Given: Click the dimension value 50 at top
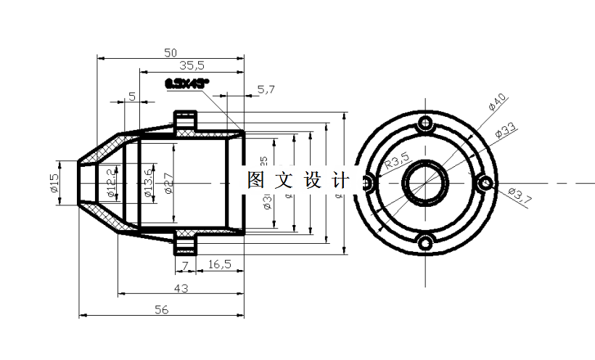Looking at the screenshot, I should [171, 52].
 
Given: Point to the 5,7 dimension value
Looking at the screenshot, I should [266, 89].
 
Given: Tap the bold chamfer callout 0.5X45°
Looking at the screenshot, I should [186, 83].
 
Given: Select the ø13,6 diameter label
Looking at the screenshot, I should [147, 182].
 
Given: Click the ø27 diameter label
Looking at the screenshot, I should [168, 182].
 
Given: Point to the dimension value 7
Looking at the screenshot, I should [185, 265].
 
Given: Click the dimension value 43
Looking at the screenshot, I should [181, 288].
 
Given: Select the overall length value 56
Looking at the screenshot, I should [161, 310].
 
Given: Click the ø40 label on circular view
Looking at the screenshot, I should [498, 102].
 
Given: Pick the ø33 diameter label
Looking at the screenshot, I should [505, 131].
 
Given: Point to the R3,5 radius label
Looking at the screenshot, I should [397, 160].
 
